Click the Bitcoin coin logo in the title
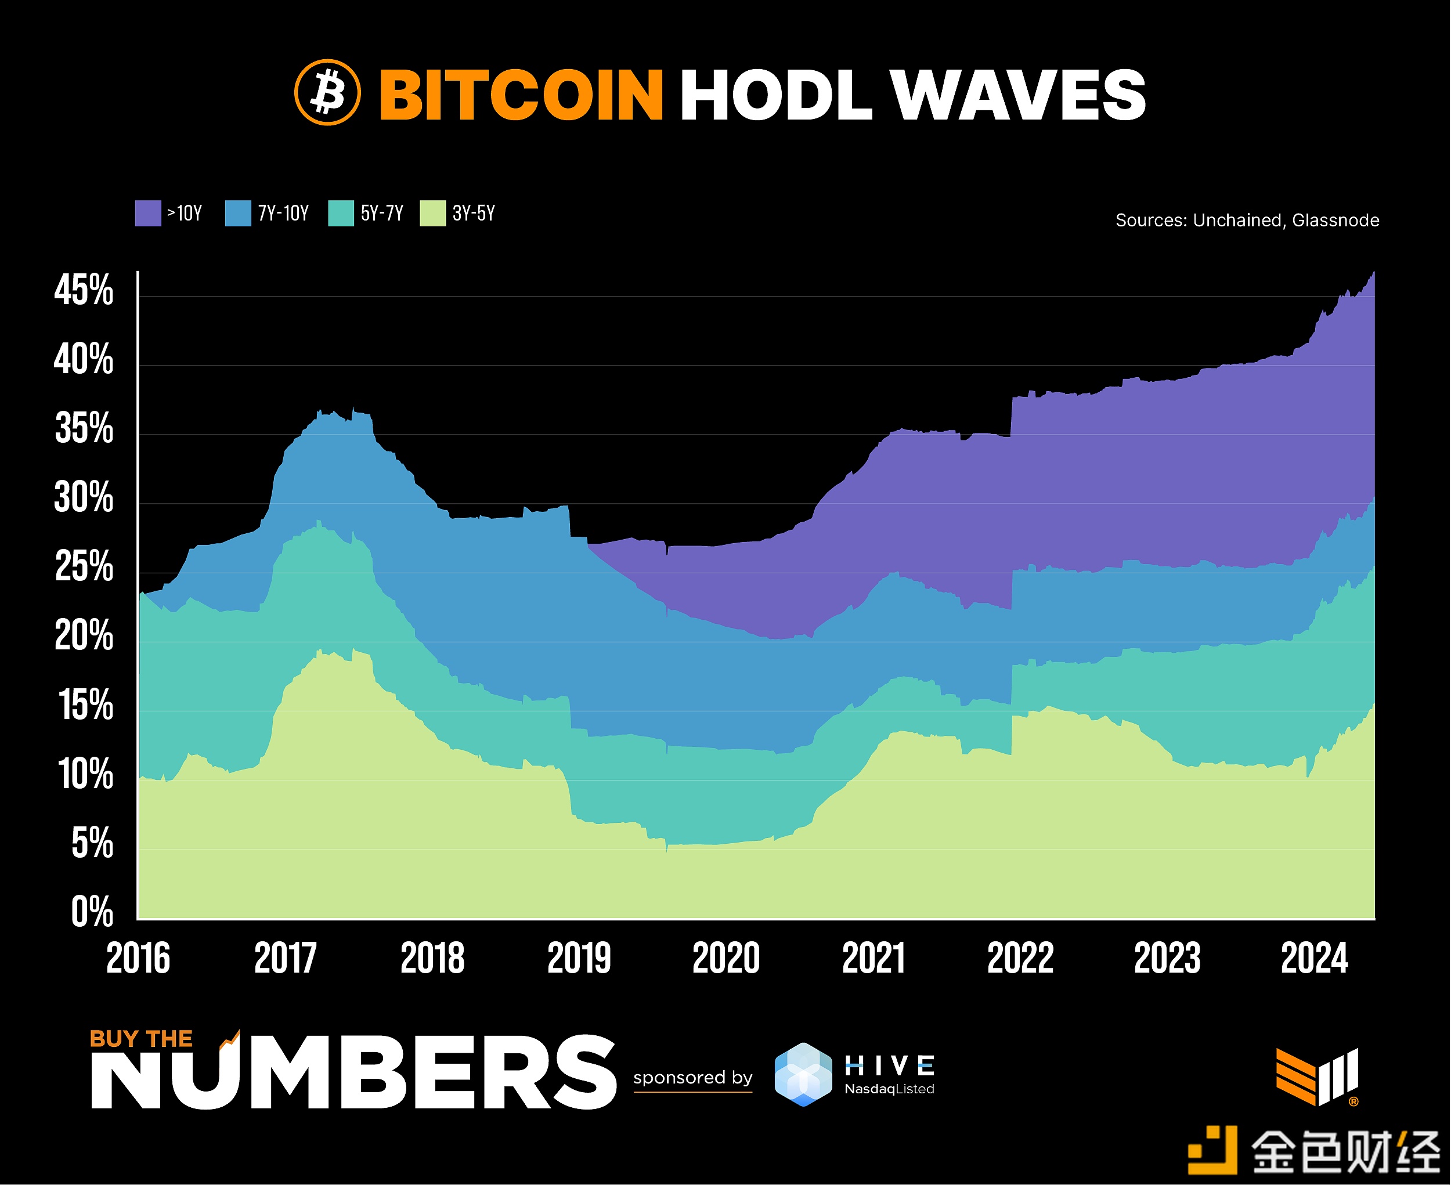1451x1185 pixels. [327, 93]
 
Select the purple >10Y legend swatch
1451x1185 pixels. [148, 214]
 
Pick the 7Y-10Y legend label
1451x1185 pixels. [283, 214]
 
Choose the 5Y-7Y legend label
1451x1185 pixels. [382, 214]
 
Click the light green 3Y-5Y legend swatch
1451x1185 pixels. [433, 214]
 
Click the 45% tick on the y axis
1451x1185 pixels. [84, 290]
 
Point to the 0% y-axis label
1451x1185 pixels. [92, 912]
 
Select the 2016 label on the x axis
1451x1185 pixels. [138, 958]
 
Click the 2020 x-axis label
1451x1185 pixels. [726, 958]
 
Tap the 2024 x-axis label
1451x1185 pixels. [1315, 958]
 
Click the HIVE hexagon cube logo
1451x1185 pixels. [804, 1074]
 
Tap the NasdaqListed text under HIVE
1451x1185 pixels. [889, 1089]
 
